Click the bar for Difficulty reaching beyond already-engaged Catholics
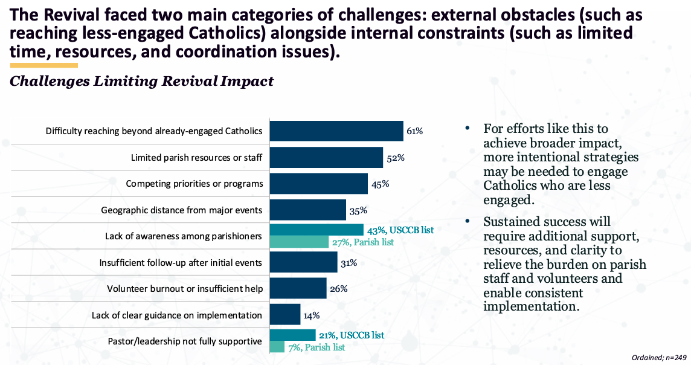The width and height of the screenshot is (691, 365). coord(336,131)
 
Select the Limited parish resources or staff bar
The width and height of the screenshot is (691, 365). coord(326,157)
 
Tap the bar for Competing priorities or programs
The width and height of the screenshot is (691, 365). coord(318,184)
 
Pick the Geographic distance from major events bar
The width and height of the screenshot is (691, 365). coord(307,210)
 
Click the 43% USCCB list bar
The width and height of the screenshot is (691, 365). coord(317,230)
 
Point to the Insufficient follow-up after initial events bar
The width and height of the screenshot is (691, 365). coord(303,262)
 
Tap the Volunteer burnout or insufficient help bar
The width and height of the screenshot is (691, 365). coord(298,288)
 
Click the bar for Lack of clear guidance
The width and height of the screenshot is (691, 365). coord(284,315)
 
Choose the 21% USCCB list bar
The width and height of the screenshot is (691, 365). coord(292,335)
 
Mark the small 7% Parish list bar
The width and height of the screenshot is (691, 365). coord(277,347)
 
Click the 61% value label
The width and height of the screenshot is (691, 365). coord(415,131)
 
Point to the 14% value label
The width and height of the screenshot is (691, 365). coord(312,315)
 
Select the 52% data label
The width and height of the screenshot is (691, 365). coord(395,157)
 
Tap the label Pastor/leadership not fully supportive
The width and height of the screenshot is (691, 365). coord(185,341)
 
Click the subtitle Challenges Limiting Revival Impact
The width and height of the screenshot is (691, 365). coord(142,81)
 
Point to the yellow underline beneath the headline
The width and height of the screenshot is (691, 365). coord(44,65)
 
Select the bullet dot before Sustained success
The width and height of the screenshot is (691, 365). coord(467,222)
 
